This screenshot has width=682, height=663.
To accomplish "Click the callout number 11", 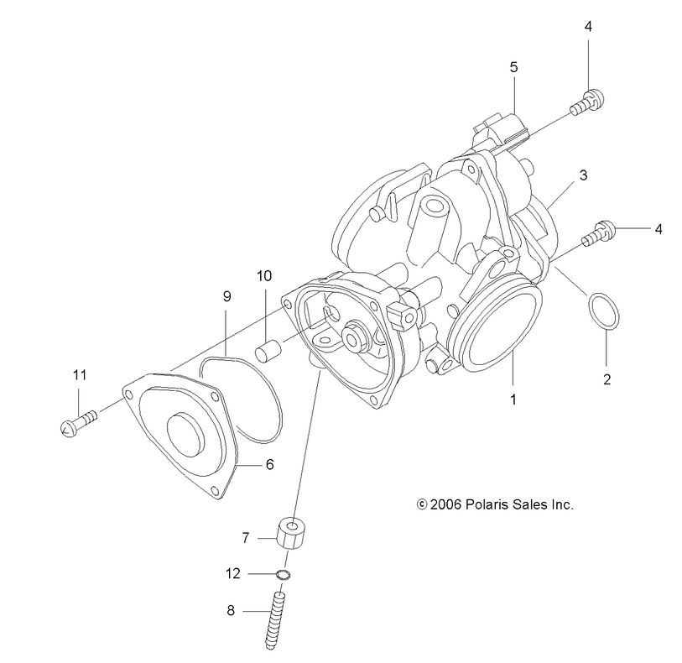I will pyautogui.click(x=80, y=375).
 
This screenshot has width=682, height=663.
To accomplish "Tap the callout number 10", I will pyautogui.click(x=264, y=275).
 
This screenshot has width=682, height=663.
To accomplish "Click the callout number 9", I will pyautogui.click(x=226, y=296).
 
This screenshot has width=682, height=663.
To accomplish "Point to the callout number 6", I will pyautogui.click(x=269, y=463).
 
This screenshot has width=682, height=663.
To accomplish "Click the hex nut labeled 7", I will pyautogui.click(x=289, y=532).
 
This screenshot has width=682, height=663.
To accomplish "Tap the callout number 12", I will pyautogui.click(x=233, y=574).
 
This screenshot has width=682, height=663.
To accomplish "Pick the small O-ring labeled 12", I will pyautogui.click(x=284, y=575).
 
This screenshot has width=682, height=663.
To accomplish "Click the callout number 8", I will pyautogui.click(x=231, y=611).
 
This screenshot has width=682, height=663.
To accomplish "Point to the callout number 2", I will pyautogui.click(x=607, y=378).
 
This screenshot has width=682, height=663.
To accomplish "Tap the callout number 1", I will pyautogui.click(x=513, y=399).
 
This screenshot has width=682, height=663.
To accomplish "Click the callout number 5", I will pyautogui.click(x=513, y=65).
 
